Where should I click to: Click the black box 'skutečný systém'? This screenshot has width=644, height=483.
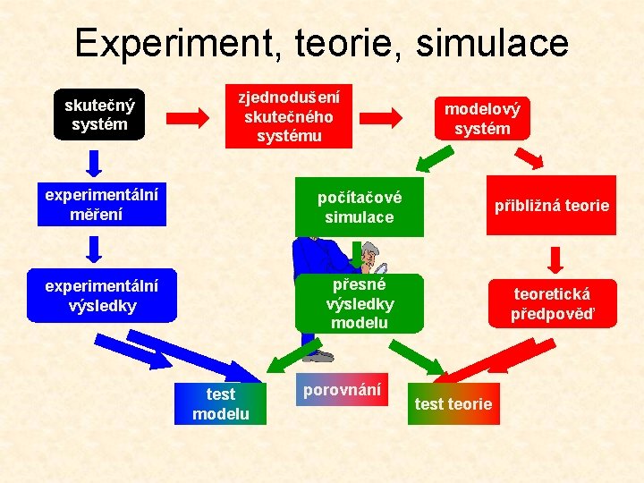coord(100,114)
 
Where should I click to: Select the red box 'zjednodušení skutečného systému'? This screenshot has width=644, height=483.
coord(288,116)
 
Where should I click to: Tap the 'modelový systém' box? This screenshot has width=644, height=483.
coord(481,118)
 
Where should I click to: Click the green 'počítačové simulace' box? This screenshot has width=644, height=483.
coord(359,208)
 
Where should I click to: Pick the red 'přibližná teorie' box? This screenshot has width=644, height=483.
coord(551,206)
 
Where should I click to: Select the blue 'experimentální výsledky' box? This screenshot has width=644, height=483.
coord(102,296)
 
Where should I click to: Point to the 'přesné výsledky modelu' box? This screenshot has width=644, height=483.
coord(359,303)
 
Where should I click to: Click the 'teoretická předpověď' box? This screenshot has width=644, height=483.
coord(552,303)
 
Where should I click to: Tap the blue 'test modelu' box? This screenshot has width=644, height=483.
coord(221,403)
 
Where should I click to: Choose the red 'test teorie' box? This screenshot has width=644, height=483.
coord(453,403)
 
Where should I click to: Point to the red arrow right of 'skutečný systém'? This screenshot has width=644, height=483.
coord(188,116)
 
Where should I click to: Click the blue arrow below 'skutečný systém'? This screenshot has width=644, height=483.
coord(94,164)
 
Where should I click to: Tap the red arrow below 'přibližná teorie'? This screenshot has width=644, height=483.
coord(555,258)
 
